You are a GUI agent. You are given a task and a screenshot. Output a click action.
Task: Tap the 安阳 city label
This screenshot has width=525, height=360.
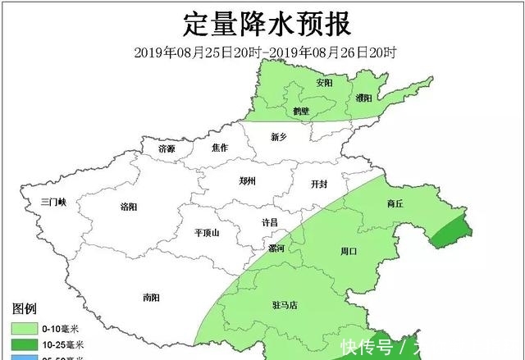[x=324, y=83]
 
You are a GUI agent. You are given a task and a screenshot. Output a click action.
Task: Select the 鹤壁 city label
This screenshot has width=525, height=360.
[x=300, y=110]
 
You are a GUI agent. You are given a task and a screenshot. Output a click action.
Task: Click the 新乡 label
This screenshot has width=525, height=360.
[x=281, y=138]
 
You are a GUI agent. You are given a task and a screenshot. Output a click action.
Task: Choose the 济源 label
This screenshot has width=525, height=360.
[x=167, y=148]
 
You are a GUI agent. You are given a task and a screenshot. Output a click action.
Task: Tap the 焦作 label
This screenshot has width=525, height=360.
[x=219, y=148]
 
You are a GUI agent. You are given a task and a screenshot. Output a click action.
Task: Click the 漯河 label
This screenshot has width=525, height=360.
[x=276, y=248]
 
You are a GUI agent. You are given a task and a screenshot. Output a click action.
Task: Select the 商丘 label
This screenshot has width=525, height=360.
[x=395, y=203]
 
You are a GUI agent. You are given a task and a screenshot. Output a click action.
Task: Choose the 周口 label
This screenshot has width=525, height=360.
[x=349, y=251]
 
